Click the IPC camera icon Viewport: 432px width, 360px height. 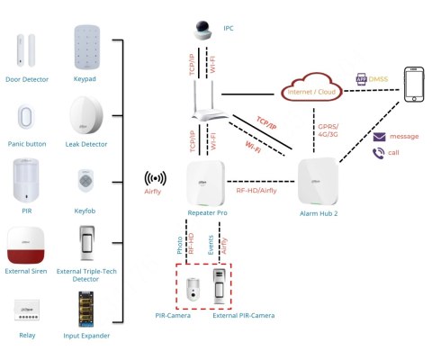(x=202, y=31)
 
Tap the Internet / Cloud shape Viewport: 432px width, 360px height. (x=311, y=87)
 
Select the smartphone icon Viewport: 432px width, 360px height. (x=414, y=85)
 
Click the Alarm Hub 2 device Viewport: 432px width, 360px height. (x=319, y=182)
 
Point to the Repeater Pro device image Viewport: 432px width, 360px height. (x=206, y=184)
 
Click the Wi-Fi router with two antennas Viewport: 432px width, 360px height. (x=211, y=101)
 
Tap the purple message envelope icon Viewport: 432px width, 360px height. (x=379, y=137)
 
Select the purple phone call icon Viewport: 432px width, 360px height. (x=378, y=153)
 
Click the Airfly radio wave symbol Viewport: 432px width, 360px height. (x=155, y=179)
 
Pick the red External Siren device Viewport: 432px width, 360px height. (x=26, y=245)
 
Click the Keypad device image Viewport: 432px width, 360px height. (x=87, y=48)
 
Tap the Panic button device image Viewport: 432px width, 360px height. (x=26, y=117)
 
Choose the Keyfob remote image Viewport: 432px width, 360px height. (x=85, y=180)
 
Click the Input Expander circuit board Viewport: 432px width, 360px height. (x=85, y=310)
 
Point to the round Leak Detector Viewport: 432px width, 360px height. (x=86, y=115)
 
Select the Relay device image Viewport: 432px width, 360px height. (x=27, y=310)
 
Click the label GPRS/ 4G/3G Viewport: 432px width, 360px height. (x=328, y=130)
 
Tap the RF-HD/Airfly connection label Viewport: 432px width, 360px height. (x=256, y=191)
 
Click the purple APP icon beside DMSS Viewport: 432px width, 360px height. (x=362, y=79)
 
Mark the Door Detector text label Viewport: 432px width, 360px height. (x=27, y=79)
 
